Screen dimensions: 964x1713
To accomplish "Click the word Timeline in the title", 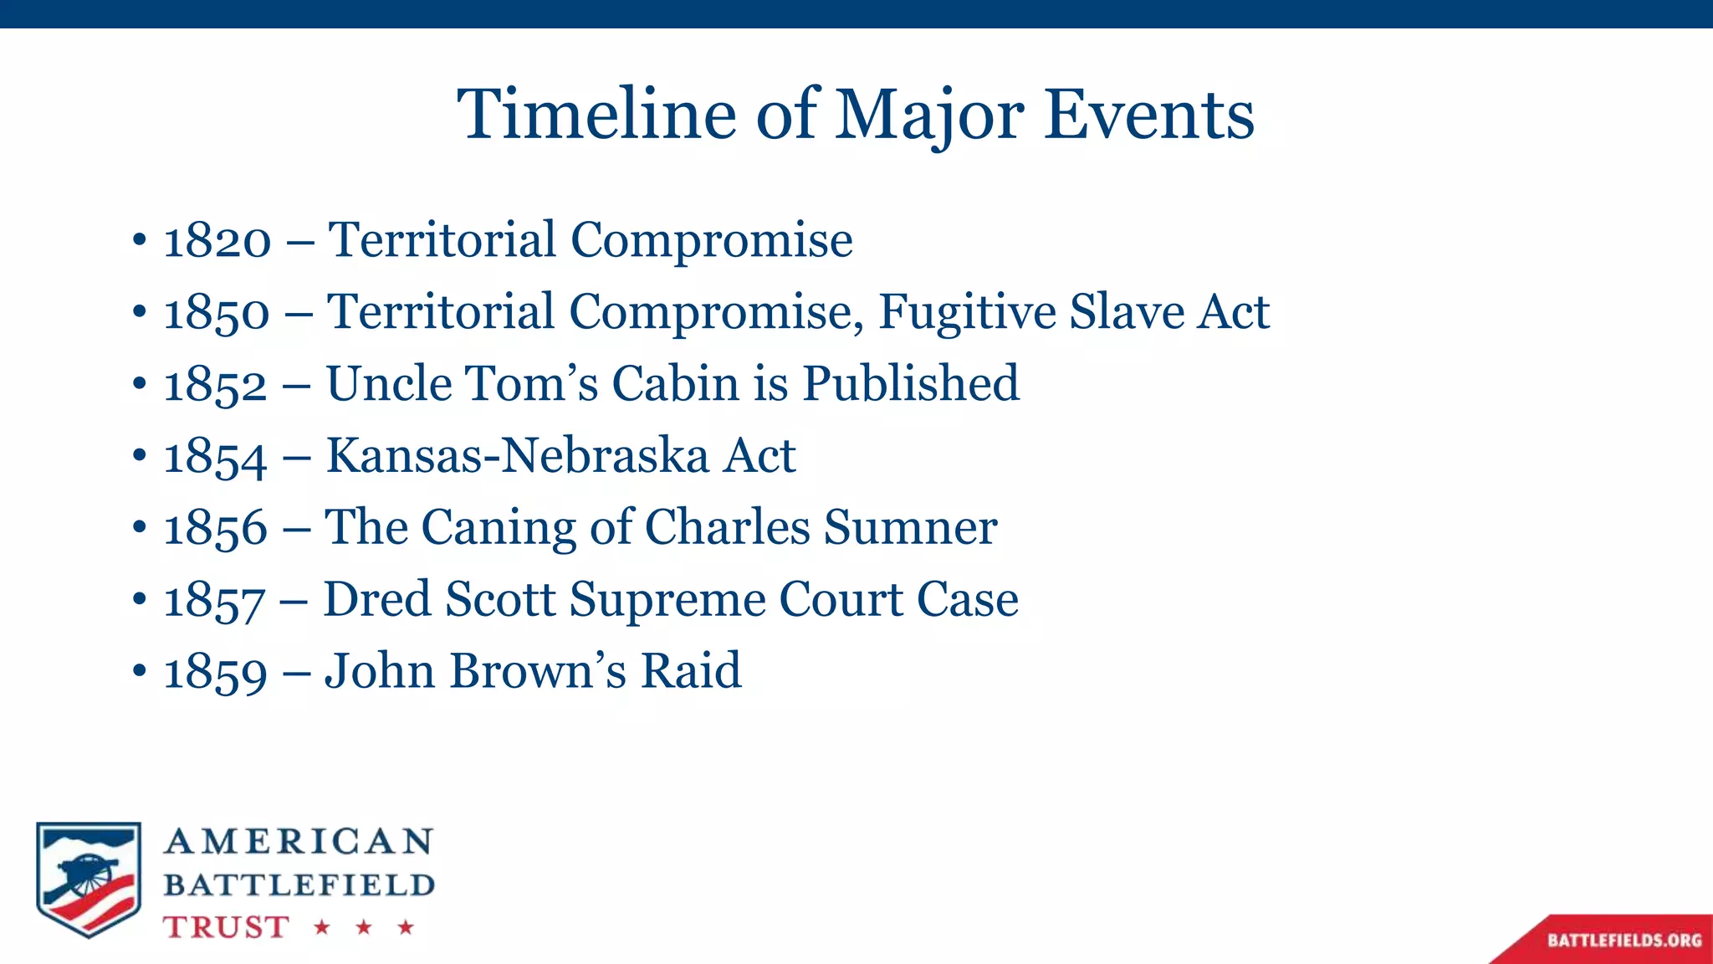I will pos(596,115).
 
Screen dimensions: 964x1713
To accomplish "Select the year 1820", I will pos(217,241).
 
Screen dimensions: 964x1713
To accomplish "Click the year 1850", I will pos(217,313).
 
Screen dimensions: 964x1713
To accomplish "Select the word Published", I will pos(910,384).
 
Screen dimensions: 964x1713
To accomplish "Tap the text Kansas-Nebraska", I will pos(517,456).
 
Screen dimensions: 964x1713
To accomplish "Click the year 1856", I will pos(216,529).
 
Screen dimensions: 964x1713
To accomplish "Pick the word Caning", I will pos(499,529).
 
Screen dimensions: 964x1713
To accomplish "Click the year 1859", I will pos(216,672).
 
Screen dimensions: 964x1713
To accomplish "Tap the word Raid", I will pos(691,671).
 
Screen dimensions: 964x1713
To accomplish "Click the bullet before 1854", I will pos(139,457).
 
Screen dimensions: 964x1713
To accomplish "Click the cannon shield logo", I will pos(88,879).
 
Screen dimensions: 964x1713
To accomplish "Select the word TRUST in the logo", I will pos(226,927).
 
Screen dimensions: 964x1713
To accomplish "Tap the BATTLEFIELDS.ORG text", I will pos(1624,941).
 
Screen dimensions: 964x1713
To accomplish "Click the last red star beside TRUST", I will pos(406,926).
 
